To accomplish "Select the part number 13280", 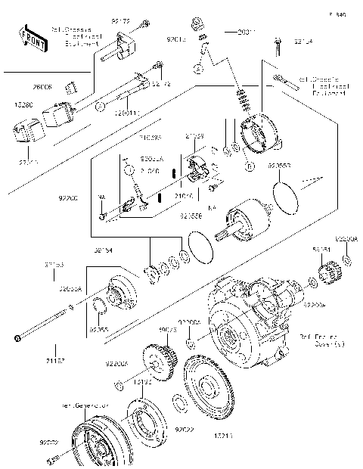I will click(20, 106).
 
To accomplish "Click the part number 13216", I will click(203, 437).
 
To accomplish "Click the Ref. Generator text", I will click(82, 405).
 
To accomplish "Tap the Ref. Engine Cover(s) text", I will click(321, 340).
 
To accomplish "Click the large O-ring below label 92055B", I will click(286, 200).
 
